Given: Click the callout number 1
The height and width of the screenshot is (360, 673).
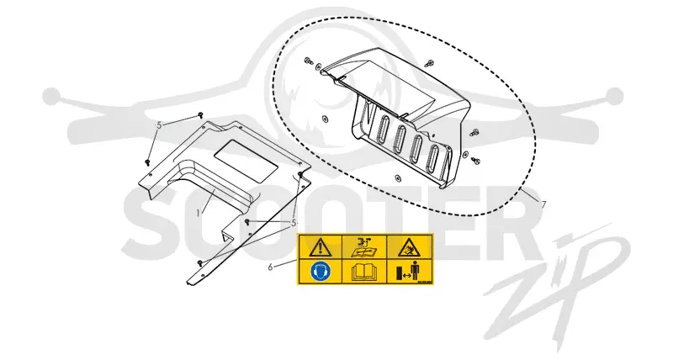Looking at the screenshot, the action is (198, 213).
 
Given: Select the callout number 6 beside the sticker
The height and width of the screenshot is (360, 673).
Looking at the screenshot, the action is (270, 267).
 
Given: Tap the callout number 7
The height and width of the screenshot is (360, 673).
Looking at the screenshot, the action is (543, 204).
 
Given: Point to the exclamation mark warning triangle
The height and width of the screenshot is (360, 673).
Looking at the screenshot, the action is (319, 247).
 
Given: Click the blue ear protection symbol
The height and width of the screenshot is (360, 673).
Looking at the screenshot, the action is (319, 272).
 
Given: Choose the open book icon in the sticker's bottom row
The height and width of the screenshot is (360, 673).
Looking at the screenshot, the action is (364, 273).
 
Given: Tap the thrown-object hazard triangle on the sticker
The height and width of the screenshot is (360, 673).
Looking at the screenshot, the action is (409, 247).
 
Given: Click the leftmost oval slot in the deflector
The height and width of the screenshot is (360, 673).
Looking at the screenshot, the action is (383, 128).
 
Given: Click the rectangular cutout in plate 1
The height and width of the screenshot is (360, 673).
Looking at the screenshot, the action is (246, 160).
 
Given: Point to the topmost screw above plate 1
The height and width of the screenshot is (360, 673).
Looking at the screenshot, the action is (200, 114).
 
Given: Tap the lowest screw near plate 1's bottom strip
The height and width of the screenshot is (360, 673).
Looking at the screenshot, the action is (199, 262).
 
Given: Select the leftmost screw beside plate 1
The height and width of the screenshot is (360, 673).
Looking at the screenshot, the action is (147, 162).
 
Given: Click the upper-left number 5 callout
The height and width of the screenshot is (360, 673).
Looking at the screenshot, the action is (159, 125).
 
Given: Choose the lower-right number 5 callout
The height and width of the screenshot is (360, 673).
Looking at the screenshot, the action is (294, 223).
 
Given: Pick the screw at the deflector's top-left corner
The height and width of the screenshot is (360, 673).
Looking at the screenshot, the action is (309, 61).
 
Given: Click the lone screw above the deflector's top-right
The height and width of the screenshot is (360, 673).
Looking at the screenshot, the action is (427, 63).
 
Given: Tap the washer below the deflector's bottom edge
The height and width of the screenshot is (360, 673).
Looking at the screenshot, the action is (397, 177).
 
